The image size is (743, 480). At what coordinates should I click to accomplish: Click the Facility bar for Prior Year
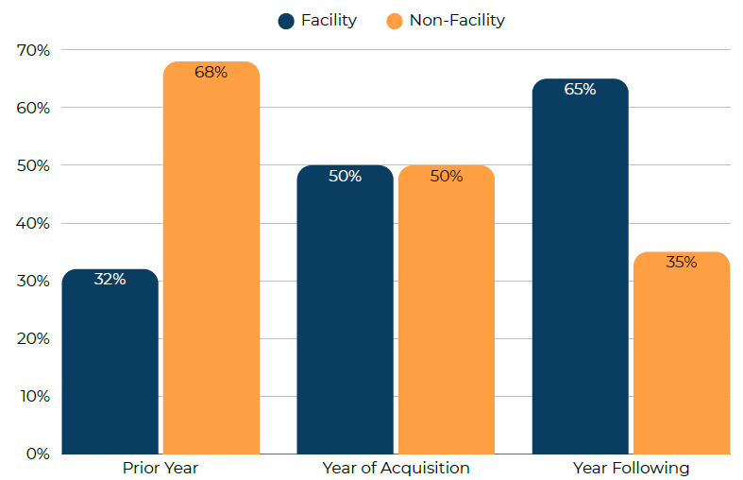click(110, 364)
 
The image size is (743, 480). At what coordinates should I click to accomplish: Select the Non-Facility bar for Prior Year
click(211, 260)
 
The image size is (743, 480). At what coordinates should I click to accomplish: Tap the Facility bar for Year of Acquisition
click(345, 312)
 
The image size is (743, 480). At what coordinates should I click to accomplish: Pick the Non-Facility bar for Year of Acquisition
click(446, 312)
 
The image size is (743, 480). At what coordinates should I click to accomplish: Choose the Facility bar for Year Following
click(580, 269)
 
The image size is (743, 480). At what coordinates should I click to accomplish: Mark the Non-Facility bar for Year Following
click(681, 354)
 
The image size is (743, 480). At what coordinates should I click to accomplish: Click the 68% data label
click(211, 72)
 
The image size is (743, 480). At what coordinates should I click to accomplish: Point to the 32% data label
click(110, 280)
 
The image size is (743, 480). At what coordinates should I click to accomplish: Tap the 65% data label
click(580, 90)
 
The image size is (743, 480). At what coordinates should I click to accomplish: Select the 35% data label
click(681, 263)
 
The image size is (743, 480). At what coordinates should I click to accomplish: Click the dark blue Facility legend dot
click(286, 21)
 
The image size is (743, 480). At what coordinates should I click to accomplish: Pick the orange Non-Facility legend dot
click(395, 21)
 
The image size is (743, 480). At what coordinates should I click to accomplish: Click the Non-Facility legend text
click(457, 21)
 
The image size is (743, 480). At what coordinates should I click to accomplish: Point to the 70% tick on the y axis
click(33, 50)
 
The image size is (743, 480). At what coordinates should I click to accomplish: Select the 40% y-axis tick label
click(33, 223)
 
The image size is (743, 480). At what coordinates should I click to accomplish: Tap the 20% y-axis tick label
click(33, 338)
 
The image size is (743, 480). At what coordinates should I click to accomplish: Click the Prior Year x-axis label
click(160, 468)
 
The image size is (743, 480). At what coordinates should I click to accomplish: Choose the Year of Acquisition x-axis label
click(396, 468)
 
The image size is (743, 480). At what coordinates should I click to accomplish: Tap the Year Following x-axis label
click(631, 468)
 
